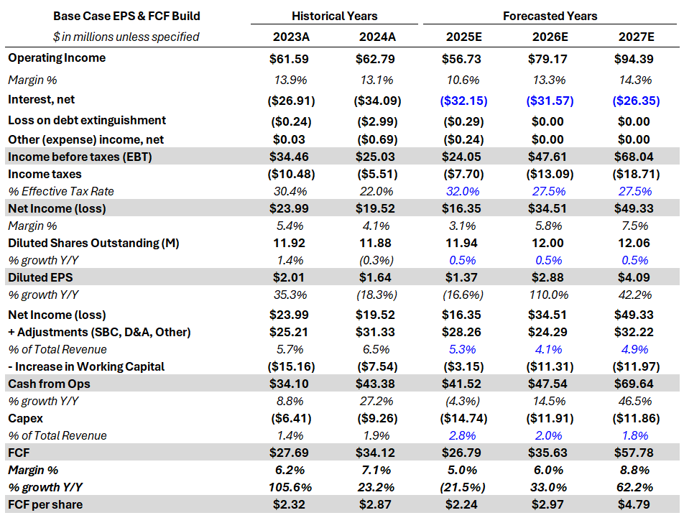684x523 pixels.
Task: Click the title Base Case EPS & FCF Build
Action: point(126,16)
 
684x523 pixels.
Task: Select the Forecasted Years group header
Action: point(550,16)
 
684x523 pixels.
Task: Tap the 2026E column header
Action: point(550,37)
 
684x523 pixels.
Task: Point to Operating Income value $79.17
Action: point(550,59)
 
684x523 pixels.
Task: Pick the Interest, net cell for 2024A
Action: point(377,101)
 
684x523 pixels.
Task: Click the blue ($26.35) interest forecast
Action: point(635,101)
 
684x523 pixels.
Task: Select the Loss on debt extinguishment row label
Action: point(87,121)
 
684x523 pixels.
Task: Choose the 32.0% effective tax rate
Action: point(463,191)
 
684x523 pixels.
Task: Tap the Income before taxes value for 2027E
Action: point(635,157)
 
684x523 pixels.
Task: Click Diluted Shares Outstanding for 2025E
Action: point(463,244)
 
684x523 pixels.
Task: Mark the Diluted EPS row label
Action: point(40,277)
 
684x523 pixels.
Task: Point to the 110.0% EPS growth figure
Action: point(550,295)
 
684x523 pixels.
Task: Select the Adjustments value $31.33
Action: point(377,332)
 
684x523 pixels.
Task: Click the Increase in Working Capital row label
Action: point(86,366)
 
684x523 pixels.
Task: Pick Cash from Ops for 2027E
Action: point(635,384)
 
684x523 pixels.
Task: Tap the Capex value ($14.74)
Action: point(463,418)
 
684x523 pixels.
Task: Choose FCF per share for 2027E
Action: point(635,504)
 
